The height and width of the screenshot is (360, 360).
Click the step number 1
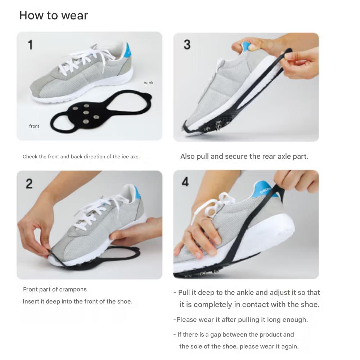click(30, 45)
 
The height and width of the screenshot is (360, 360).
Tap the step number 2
click(29, 183)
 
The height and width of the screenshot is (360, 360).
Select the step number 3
click(187, 45)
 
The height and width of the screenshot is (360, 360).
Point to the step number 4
click(185, 182)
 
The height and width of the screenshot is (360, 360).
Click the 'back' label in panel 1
click(148, 83)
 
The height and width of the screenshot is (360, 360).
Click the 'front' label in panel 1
click(34, 126)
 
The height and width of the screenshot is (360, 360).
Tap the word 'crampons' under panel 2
click(73, 289)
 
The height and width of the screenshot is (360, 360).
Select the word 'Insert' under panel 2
click(31, 301)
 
